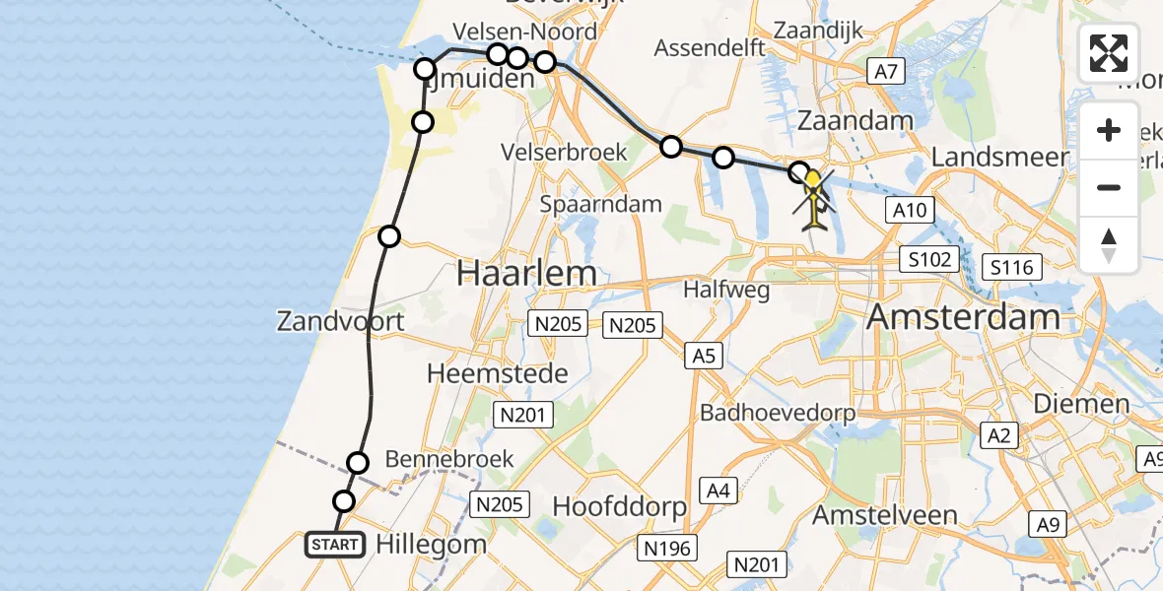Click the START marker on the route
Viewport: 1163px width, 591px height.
[x=335, y=544]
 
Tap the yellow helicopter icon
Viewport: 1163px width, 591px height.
[x=813, y=197]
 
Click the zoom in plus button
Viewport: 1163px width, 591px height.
[x=1109, y=130]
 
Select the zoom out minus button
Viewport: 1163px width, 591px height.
[x=1109, y=187]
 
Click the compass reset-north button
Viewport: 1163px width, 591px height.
[x=1109, y=244]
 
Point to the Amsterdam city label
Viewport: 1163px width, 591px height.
[x=964, y=317]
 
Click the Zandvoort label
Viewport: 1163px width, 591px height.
[x=340, y=321]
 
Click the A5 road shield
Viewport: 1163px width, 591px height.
[x=703, y=356]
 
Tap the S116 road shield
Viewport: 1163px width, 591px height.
[x=1013, y=267]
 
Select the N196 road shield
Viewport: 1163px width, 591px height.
[x=667, y=548]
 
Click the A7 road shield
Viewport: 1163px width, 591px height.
[x=884, y=71]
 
